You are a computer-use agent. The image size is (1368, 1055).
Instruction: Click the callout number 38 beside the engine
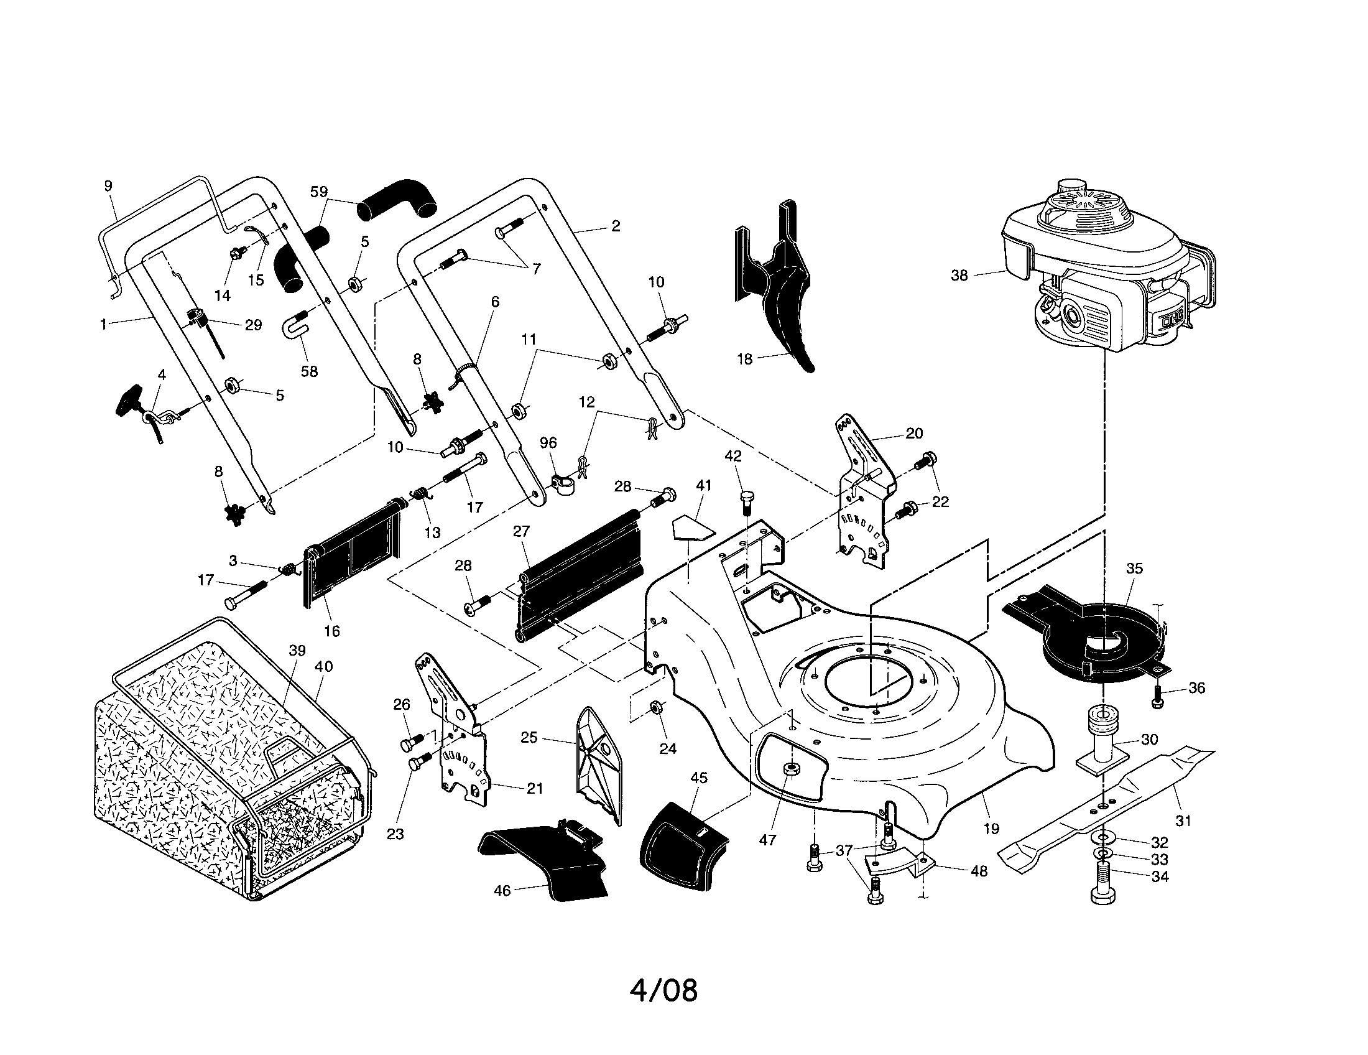coord(959,276)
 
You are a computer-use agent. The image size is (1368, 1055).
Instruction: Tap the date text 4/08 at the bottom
coord(663,990)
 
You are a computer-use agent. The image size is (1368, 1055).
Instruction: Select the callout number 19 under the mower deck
coord(991,829)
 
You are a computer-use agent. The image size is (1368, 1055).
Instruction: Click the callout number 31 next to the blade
coord(1182,820)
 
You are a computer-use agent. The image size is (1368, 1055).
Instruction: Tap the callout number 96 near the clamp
coord(548,443)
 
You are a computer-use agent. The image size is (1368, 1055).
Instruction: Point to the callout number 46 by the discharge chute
coord(502,890)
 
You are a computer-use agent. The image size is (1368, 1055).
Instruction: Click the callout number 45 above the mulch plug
coord(698,778)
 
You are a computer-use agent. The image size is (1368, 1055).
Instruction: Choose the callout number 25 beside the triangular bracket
coord(529,737)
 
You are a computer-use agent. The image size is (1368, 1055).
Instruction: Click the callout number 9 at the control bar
coord(108,185)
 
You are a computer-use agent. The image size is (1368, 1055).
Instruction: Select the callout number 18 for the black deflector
coord(744,360)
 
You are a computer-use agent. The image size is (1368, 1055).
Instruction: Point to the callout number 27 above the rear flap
coord(521,531)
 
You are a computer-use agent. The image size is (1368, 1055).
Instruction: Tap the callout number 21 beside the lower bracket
coord(534,788)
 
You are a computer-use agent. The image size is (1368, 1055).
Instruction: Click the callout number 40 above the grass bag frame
coord(323,667)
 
